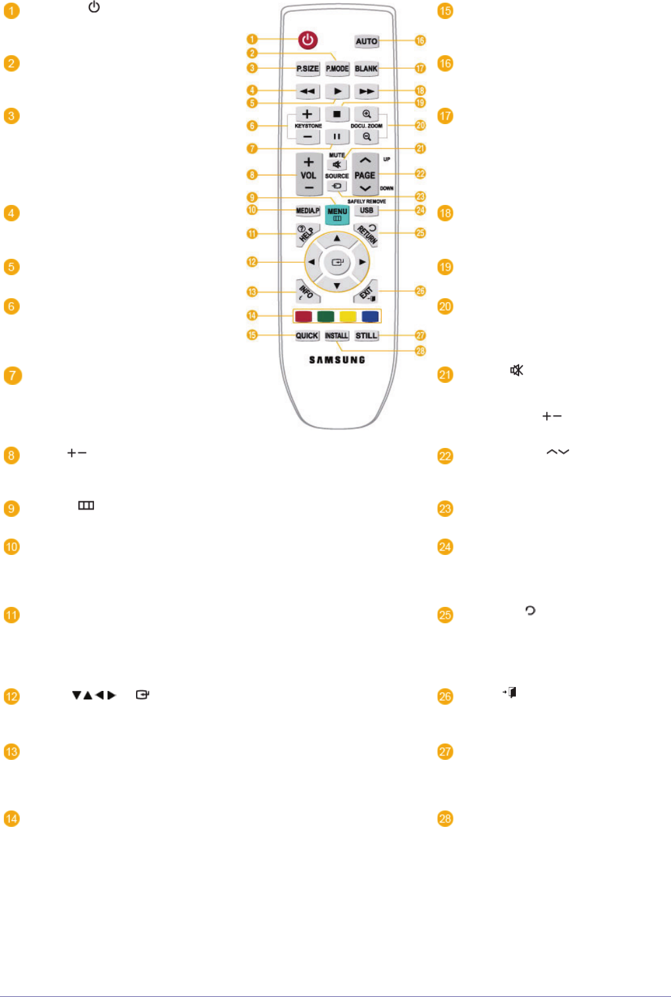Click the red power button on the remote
pyautogui.click(x=308, y=40)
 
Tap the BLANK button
pyautogui.click(x=366, y=68)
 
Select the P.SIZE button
pyautogui.click(x=308, y=68)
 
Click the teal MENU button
pyautogui.click(x=337, y=214)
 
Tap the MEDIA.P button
pyautogui.click(x=308, y=211)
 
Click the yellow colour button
pyautogui.click(x=348, y=317)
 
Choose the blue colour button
pyautogui.click(x=370, y=317)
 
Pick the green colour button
pyautogui.click(x=325, y=317)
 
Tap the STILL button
pyautogui.click(x=366, y=336)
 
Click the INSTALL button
pyautogui.click(x=336, y=336)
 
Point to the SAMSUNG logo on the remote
pyautogui.click(x=337, y=360)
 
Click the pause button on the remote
pyautogui.click(x=336, y=137)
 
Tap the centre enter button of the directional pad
pyautogui.click(x=337, y=262)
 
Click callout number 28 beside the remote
pyautogui.click(x=421, y=351)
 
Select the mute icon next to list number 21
pyautogui.click(x=517, y=370)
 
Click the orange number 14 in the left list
pyautogui.click(x=12, y=818)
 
